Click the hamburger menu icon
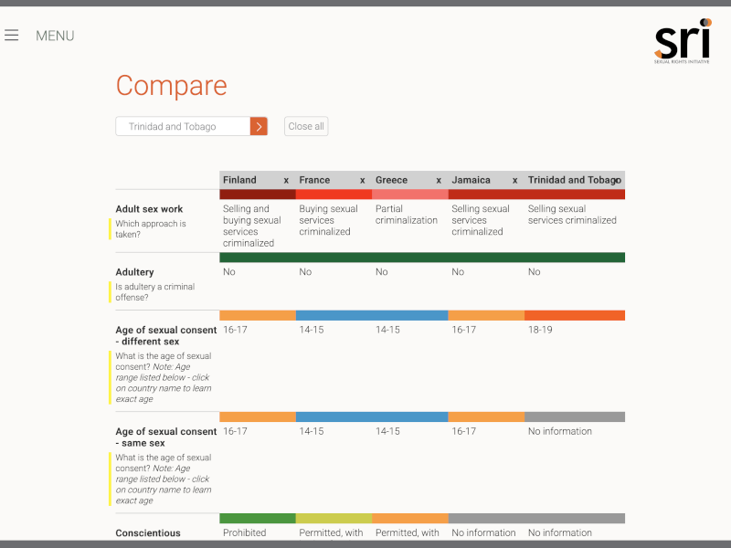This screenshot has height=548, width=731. coord(11,36)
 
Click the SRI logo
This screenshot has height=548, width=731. coord(683,41)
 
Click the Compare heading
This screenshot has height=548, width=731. coord(171,86)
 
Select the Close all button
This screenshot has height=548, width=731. coord(306,127)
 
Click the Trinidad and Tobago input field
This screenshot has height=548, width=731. coord(183,127)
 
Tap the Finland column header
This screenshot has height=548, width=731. coord(240,180)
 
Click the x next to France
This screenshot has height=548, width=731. coord(362,180)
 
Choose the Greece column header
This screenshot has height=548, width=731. coord(392,180)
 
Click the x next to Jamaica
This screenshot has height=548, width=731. coord(514,180)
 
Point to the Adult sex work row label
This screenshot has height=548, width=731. coord(149,209)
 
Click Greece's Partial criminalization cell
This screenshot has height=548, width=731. coord(407,215)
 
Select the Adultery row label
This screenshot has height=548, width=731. coord(134,272)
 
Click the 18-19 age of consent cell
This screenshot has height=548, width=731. coord(540,330)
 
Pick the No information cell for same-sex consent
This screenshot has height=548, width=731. coord(560,431)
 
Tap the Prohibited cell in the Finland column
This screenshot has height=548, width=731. coord(245,532)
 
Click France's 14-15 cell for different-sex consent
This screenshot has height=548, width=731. coord(312,330)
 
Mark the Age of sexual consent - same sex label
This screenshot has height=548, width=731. coord(166,437)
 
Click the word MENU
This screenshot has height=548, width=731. coord(55,36)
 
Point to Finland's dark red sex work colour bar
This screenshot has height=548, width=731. coord(258,195)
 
